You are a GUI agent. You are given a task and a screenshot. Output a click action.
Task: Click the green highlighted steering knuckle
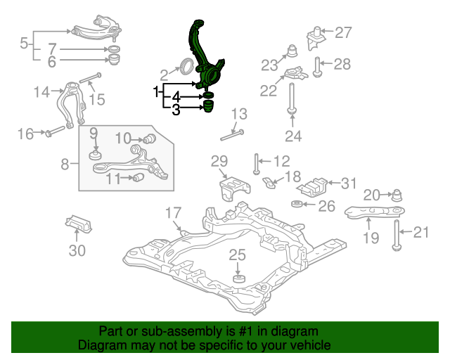[205, 58]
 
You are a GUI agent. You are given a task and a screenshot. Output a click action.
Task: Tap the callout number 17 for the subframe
[174, 213]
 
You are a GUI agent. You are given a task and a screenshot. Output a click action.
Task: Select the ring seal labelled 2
[186, 66]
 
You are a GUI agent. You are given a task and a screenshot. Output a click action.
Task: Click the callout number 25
[238, 255]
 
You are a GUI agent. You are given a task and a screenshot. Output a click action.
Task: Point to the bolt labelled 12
[256, 164]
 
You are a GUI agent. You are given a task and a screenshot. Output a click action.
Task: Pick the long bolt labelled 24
[292, 98]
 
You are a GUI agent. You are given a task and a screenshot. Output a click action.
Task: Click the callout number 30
[77, 250]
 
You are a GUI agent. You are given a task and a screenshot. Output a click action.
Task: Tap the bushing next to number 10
[150, 139]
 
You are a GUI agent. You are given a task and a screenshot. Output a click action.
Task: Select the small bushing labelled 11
[139, 178]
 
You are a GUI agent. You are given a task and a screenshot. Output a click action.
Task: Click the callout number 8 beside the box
[65, 165]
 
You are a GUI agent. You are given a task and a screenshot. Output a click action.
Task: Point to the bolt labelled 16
[55, 132]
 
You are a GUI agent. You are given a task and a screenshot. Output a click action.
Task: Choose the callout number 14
[42, 92]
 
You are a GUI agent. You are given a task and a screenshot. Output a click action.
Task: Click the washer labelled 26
[297, 204]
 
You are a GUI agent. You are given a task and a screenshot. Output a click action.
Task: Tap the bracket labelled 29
[235, 188]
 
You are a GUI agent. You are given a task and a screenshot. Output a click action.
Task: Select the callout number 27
[343, 33]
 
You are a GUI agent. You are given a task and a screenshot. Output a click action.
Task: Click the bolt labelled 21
[397, 236]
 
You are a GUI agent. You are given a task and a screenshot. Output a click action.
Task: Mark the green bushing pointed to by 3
[209, 106]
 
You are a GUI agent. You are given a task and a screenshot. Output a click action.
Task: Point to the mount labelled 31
[312, 188]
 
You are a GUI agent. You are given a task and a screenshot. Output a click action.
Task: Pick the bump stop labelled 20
[397, 195]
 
